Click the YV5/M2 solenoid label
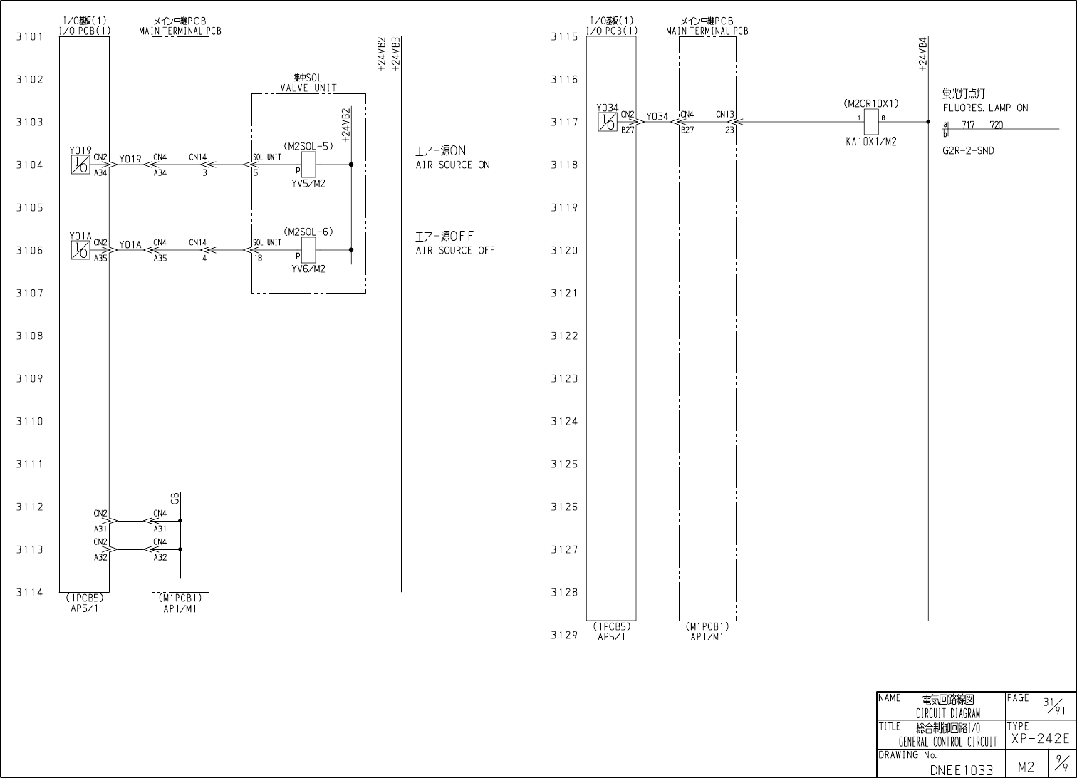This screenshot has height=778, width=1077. click(308, 184)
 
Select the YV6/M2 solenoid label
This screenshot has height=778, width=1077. click(308, 269)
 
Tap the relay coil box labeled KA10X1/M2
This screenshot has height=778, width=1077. click(871, 123)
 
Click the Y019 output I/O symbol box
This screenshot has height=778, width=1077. click(80, 165)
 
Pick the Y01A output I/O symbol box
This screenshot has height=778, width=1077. click(80, 251)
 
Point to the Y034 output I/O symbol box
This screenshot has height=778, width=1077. click(608, 123)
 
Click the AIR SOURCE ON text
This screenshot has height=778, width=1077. click(453, 165)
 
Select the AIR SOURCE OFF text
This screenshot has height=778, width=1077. click(455, 251)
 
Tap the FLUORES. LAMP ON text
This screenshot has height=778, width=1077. click(985, 108)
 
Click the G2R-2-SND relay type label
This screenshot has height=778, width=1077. click(968, 151)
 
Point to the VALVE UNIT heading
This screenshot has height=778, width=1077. click(308, 88)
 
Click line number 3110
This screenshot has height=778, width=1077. click(30, 422)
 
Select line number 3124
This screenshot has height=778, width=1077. click(564, 422)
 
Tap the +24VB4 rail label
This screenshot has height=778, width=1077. click(923, 55)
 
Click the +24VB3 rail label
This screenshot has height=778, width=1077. click(396, 53)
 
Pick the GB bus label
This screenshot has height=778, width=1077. click(175, 498)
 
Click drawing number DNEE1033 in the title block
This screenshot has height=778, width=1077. click(962, 770)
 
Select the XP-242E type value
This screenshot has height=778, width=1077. click(1040, 740)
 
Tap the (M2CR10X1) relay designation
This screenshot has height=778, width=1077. click(871, 104)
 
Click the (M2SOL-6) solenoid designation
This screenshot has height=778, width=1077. click(308, 232)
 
